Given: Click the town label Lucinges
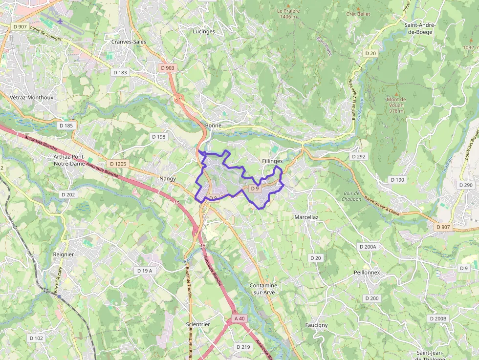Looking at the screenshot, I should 204,31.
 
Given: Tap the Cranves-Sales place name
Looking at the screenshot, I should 129,42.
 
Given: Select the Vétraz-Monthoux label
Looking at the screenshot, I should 31,97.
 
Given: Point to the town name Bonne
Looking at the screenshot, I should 214,126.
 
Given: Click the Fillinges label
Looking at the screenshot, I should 272,161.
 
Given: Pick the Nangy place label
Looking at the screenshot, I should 168,179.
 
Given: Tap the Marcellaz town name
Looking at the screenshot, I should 306,217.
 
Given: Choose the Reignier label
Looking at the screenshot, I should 64,254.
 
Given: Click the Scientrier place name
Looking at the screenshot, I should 198,324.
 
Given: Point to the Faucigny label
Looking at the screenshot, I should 316,325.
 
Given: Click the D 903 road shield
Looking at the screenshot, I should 167,68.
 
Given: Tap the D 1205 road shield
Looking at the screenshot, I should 118,164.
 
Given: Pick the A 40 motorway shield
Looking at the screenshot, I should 239,318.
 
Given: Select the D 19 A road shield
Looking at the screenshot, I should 145,271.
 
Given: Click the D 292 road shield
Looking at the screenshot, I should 358,157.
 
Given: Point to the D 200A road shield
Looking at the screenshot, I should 368,247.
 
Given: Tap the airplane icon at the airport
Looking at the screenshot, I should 60,21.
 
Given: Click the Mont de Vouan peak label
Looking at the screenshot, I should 396,105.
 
